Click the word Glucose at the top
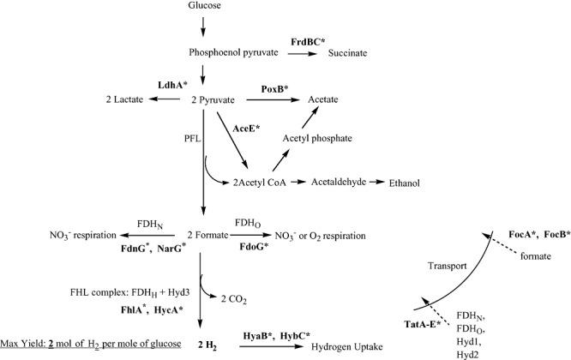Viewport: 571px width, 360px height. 202,7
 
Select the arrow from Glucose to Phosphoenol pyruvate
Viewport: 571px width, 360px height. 203,28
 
